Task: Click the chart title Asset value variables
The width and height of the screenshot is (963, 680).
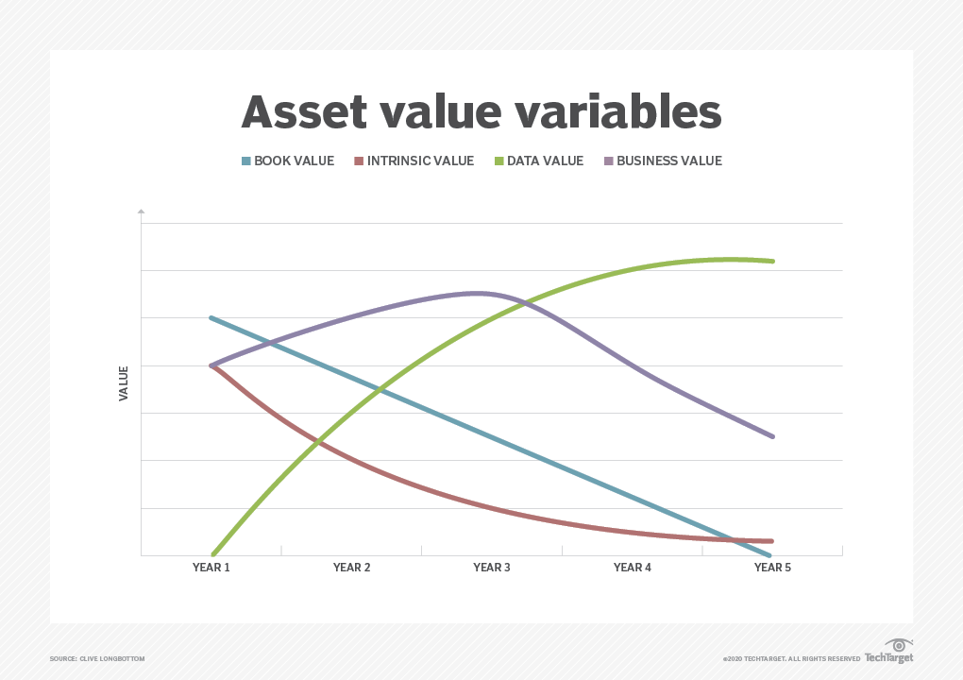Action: pos(481,111)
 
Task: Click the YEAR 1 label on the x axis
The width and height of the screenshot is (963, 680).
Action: pos(211,568)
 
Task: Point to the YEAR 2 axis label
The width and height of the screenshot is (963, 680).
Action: pos(351,568)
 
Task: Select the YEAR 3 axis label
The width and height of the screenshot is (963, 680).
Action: pos(492,568)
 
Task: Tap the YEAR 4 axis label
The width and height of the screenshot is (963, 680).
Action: pos(632,568)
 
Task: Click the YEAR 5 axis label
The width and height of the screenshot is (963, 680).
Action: pos(772,568)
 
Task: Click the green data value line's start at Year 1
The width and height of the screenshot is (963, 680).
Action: pos(212,553)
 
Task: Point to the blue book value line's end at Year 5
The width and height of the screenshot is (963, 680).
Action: pos(771,554)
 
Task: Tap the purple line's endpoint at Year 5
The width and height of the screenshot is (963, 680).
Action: pos(773,436)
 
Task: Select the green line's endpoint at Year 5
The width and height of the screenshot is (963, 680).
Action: pos(773,261)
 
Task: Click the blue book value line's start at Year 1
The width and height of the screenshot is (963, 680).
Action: pos(211,318)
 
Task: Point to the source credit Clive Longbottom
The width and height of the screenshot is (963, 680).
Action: pos(97,658)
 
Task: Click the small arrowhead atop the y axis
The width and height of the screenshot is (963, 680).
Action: pos(141,211)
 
